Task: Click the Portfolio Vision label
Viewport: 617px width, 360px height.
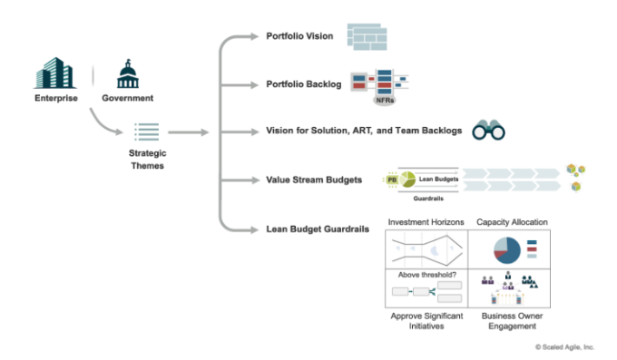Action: [x=299, y=37]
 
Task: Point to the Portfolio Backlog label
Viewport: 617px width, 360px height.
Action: [x=303, y=84]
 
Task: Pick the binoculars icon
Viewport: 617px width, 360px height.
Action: [x=488, y=131]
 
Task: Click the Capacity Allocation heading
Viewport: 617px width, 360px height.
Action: [x=513, y=221]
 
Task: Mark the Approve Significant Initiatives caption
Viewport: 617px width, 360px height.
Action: [x=426, y=321]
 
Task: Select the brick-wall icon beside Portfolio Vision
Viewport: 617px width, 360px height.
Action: [x=363, y=37]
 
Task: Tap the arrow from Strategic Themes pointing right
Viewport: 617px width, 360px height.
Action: [x=188, y=132]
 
